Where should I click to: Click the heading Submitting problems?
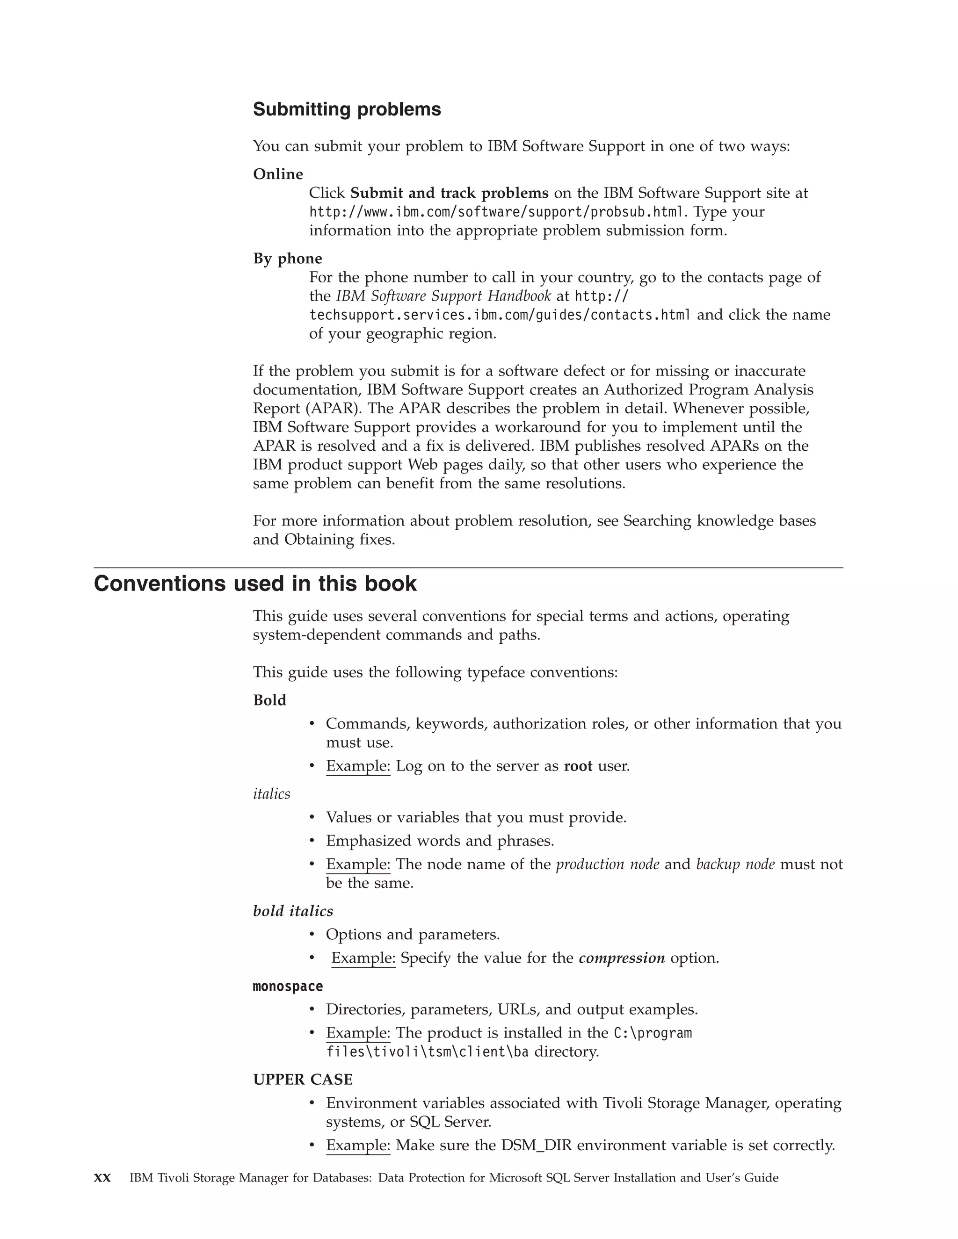click(347, 109)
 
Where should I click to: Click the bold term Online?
click(278, 174)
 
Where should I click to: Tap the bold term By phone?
click(287, 259)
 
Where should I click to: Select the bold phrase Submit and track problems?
click(449, 194)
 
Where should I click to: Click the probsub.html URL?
click(497, 212)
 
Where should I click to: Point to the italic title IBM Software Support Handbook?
click(443, 296)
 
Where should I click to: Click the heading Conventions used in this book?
click(255, 584)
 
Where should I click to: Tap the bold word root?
click(578, 766)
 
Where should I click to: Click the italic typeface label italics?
click(271, 794)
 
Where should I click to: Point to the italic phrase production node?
click(607, 864)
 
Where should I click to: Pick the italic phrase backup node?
click(735, 864)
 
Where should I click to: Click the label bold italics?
click(293, 911)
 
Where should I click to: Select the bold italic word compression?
click(622, 958)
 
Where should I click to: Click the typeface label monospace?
click(288, 987)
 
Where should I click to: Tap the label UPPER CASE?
click(303, 1080)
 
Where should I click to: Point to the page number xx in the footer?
click(102, 1178)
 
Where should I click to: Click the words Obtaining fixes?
click(340, 540)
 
